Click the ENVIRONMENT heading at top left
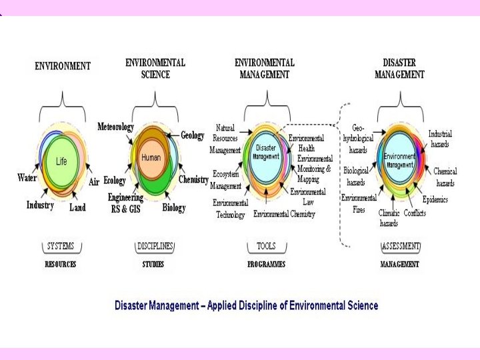(x=63, y=66)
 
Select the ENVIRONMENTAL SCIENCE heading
(x=155, y=69)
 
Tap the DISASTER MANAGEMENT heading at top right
(x=399, y=69)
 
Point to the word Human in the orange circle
(x=151, y=157)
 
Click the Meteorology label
(x=115, y=127)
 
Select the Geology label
(x=193, y=135)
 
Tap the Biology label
(x=174, y=208)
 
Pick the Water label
(x=27, y=178)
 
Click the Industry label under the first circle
(x=40, y=205)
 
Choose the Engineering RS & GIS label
(x=125, y=203)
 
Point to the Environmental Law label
(x=308, y=196)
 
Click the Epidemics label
(x=435, y=199)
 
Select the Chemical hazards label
(x=445, y=177)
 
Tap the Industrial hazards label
(x=439, y=139)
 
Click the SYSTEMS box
(x=60, y=246)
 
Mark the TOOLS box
(x=266, y=246)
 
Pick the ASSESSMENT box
(x=401, y=246)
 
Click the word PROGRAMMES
(x=266, y=265)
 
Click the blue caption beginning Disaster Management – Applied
(x=246, y=305)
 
